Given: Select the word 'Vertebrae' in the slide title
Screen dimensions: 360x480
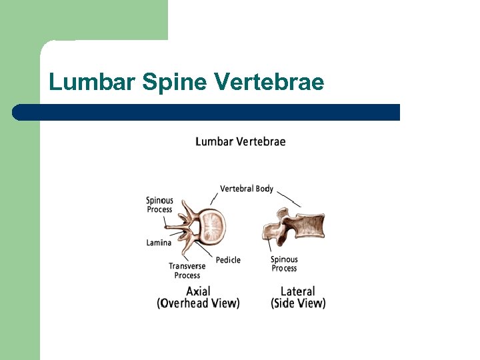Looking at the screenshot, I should [269, 82].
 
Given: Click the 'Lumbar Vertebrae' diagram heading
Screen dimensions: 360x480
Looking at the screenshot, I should [241, 141].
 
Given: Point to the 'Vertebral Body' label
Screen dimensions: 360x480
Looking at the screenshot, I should [247, 189].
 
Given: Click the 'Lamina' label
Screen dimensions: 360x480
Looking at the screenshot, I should [159, 243].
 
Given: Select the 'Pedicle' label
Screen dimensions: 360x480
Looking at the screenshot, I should [228, 259].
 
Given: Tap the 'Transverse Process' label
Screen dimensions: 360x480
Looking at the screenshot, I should [187, 271].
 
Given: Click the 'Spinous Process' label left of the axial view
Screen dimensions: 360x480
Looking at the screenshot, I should [159, 205].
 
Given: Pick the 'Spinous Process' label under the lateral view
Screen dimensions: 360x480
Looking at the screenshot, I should [284, 264].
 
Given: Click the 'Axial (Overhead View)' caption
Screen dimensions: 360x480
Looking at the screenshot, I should [198, 297].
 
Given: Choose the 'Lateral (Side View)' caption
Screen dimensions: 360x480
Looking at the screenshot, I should [298, 297].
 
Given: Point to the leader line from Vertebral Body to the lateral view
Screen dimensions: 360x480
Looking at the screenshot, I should [289, 199].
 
